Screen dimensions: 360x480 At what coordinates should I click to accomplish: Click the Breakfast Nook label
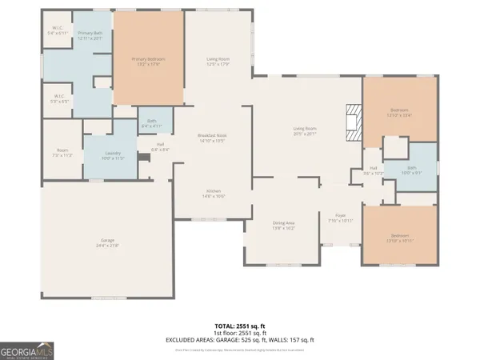pyautogui.click(x=211, y=137)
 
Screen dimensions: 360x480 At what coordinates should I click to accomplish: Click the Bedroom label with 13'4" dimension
pyautogui.click(x=399, y=112)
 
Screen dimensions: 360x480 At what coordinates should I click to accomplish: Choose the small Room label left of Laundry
pyautogui.click(x=62, y=152)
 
